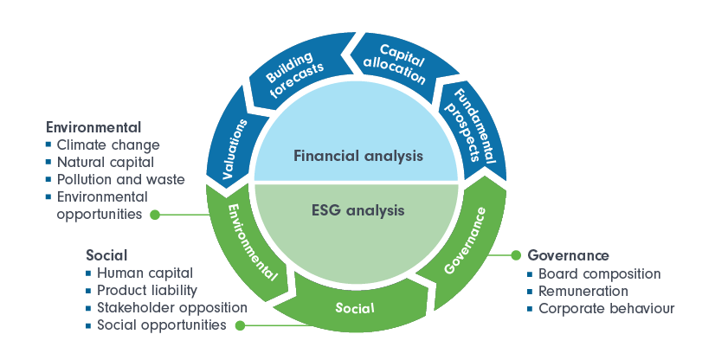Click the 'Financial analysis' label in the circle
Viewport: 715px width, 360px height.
(357, 157)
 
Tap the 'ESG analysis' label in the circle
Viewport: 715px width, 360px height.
(357, 209)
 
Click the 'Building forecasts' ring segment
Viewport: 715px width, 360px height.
(293, 76)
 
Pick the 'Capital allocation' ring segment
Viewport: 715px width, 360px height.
(393, 62)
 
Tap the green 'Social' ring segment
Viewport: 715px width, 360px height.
(355, 308)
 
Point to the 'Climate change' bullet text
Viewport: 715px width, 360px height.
(108, 145)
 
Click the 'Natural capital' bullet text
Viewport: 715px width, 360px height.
(105, 162)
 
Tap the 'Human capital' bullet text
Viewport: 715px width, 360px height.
(145, 273)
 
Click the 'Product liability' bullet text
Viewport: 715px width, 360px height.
(147, 290)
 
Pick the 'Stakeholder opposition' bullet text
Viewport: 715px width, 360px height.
(172, 307)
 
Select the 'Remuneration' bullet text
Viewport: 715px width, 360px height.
(583, 291)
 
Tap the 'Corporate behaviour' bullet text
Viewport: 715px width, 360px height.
(606, 308)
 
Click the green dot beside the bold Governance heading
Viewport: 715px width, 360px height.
(516, 255)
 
